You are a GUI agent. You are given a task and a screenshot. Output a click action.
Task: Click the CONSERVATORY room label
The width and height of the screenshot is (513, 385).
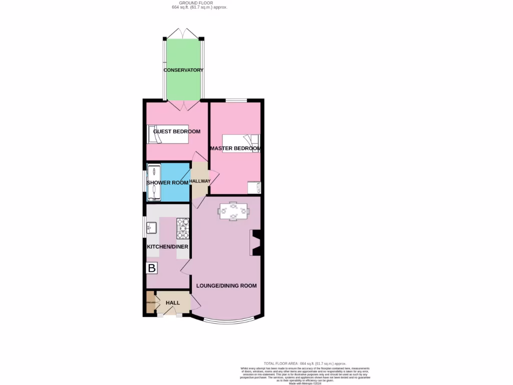[183, 70]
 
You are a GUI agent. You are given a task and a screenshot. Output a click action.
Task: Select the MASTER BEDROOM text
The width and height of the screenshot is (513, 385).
[235, 149]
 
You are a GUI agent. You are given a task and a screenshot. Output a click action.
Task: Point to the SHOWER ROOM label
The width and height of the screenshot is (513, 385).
[167, 183]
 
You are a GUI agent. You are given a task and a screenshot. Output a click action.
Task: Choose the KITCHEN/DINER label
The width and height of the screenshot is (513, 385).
[167, 247]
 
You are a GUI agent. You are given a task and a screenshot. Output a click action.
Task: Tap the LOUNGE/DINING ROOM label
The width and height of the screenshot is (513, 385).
[226, 286]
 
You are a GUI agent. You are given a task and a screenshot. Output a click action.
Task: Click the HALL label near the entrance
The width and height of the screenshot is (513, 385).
[173, 303]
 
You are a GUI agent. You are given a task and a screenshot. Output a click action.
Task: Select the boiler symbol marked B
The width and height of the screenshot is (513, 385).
[151, 268]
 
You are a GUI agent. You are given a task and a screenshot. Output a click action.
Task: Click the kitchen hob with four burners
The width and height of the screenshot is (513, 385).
[183, 229]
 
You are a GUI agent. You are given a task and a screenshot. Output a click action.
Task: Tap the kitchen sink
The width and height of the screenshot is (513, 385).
[151, 229]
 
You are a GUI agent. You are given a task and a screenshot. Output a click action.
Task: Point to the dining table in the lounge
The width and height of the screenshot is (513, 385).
[233, 211]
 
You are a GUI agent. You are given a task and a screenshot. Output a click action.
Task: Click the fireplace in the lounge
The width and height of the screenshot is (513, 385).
[255, 243]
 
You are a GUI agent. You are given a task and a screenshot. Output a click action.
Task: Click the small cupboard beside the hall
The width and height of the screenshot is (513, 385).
[150, 303]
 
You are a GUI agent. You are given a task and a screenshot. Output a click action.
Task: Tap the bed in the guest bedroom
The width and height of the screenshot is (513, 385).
[168, 134]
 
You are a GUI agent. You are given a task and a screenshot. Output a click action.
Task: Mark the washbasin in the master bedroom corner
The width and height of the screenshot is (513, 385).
[254, 187]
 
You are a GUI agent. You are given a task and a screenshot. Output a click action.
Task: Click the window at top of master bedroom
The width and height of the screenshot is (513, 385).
[235, 101]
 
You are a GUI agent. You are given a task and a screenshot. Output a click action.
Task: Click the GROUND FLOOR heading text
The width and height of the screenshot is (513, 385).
[192, 3]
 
